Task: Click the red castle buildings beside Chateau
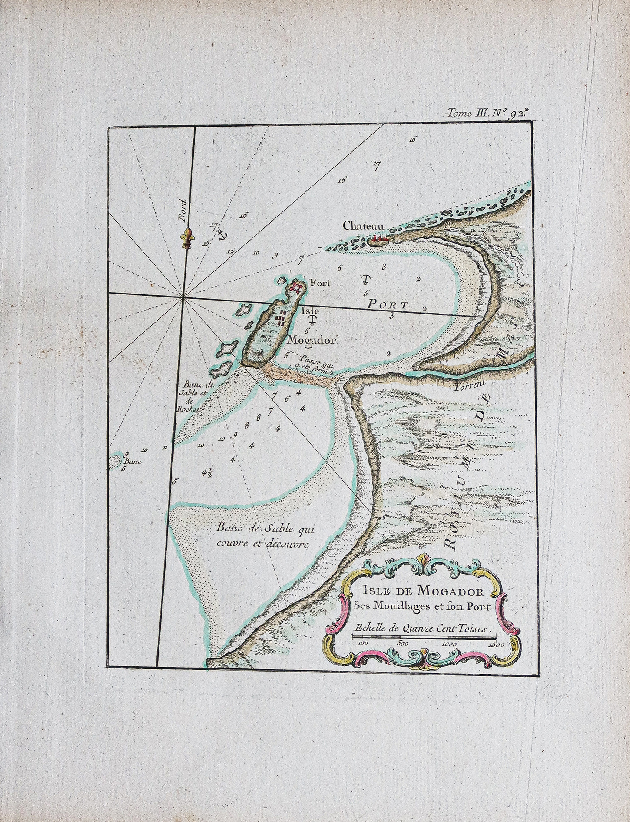[x=379, y=239]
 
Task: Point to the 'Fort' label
[x=320, y=283]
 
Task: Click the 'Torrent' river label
[x=467, y=384]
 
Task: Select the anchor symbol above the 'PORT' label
[x=366, y=278]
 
